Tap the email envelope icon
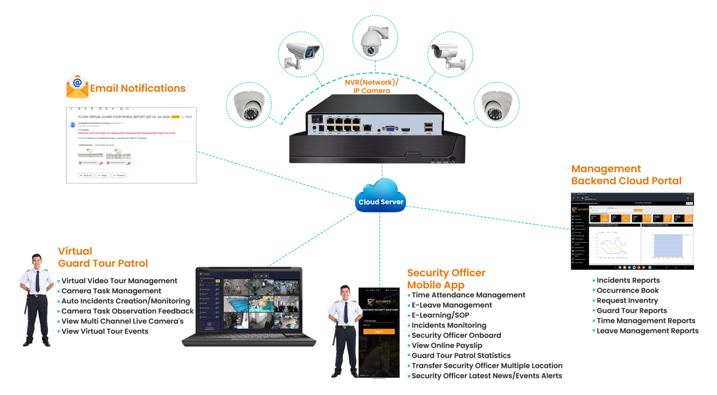click(x=77, y=86)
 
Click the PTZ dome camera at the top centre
click(x=374, y=40)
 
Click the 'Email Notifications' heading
click(x=138, y=88)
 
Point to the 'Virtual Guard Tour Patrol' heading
click(x=103, y=257)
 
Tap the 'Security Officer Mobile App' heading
click(x=446, y=279)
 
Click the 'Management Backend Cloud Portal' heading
click(x=626, y=175)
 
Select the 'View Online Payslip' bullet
click(x=446, y=346)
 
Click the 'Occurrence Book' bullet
click(x=627, y=290)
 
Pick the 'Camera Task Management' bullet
click(x=111, y=291)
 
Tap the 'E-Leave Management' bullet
click(x=451, y=305)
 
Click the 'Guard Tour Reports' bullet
click(x=632, y=310)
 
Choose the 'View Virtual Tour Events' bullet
click(x=105, y=331)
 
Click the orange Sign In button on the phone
click(x=379, y=331)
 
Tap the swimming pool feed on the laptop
click(x=236, y=304)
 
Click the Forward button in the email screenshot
click(x=119, y=175)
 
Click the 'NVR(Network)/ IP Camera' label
click(x=372, y=86)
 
